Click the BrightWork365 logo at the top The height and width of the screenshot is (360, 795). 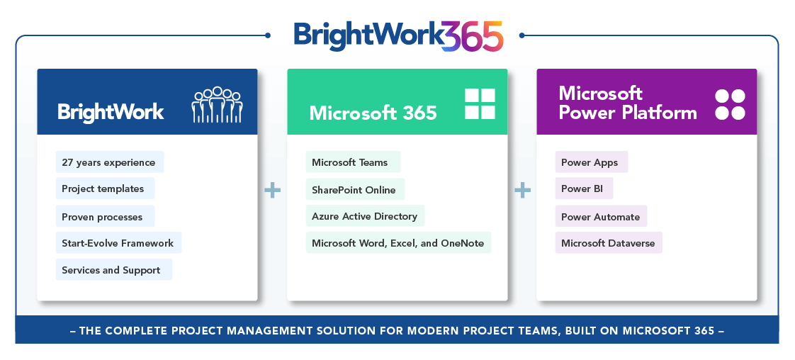tap(398, 36)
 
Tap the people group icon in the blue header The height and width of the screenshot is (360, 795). tap(217, 104)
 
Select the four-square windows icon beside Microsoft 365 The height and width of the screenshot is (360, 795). tap(480, 104)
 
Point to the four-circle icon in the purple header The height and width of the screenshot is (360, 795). tap(730, 104)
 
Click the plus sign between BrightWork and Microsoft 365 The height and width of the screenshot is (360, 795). tap(272, 191)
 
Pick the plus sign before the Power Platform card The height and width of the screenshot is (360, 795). tap(522, 191)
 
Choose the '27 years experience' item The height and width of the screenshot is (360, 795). tap(110, 162)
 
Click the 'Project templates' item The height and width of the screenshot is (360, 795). tap(105, 189)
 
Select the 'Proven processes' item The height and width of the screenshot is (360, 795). tap(105, 217)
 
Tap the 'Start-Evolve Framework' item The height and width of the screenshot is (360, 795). tap(118, 243)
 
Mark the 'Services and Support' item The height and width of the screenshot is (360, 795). tap(114, 270)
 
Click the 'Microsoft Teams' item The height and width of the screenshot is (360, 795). tap(353, 162)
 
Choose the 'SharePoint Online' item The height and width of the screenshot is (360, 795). tap(356, 190)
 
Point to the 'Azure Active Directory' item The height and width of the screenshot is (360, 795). tap(365, 216)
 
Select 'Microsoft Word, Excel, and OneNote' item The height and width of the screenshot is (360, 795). tap(398, 243)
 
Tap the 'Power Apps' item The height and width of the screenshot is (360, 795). tap(592, 162)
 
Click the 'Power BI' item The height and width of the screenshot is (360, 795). tap(584, 189)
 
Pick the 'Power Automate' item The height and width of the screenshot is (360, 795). tap(602, 217)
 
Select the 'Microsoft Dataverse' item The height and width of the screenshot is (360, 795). tap(609, 243)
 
